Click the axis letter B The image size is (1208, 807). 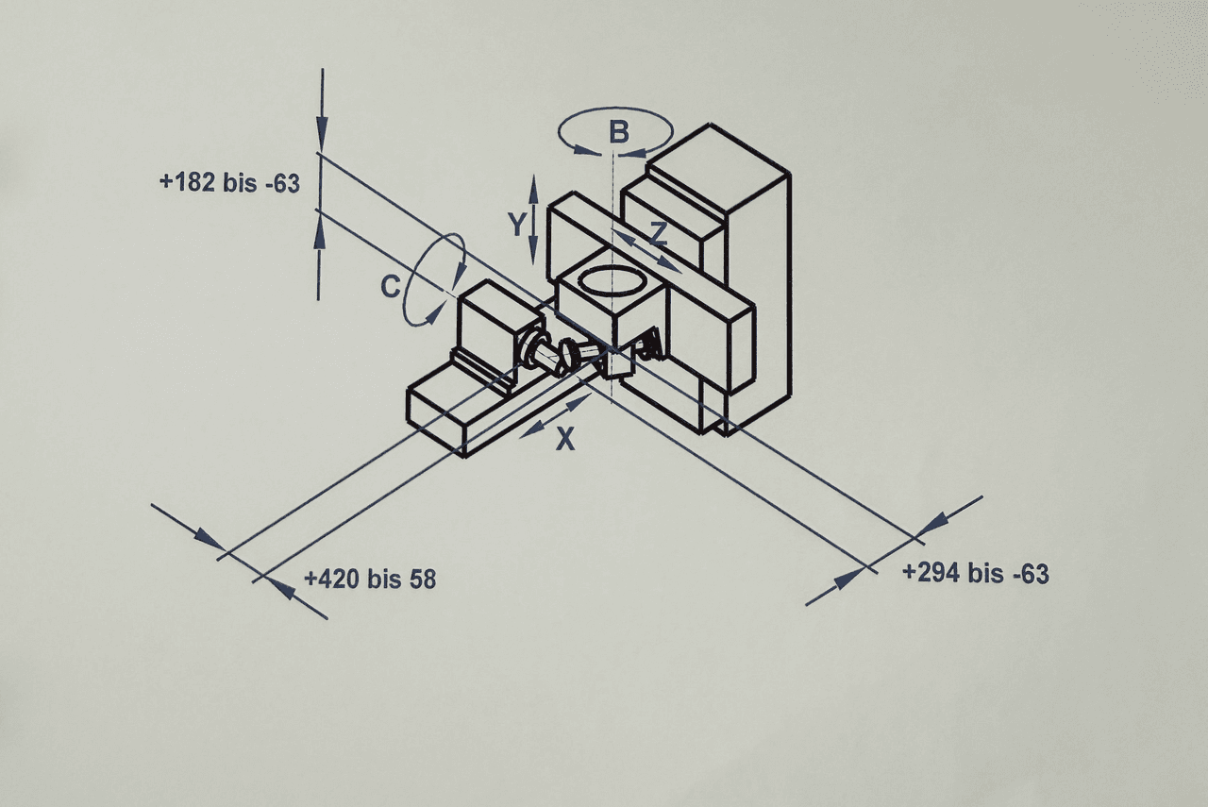coord(618,132)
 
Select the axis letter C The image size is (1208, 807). coord(391,287)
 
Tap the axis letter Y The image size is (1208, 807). coord(515,224)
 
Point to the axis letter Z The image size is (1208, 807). coord(658,234)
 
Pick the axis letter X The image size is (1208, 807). coord(564,439)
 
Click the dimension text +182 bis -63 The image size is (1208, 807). coord(230,183)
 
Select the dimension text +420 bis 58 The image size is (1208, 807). coord(370,579)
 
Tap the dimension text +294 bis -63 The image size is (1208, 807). coord(975,573)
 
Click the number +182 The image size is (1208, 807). coord(189,183)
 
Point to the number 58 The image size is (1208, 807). coord(422,579)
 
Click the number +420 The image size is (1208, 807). coord(330,579)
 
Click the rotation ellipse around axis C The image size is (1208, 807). coord(434,280)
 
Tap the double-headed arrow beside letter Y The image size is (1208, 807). coord(533,219)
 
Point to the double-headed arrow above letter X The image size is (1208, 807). coord(557,416)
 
